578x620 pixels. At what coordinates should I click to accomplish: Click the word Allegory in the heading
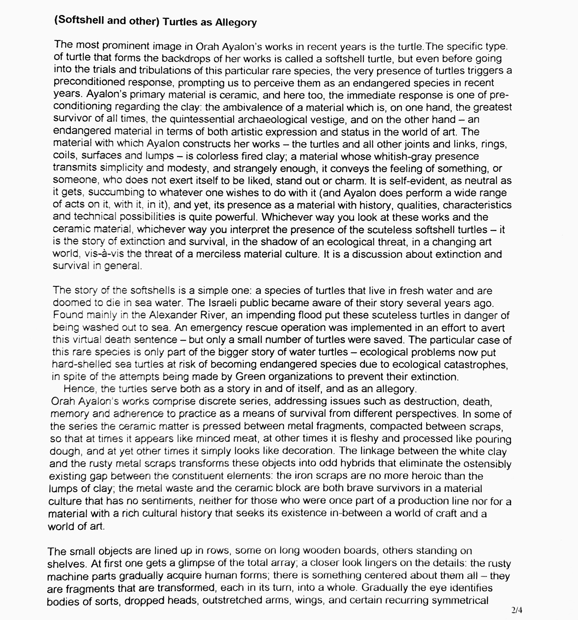tap(235, 23)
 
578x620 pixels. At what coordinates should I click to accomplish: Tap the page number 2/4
tap(516, 609)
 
